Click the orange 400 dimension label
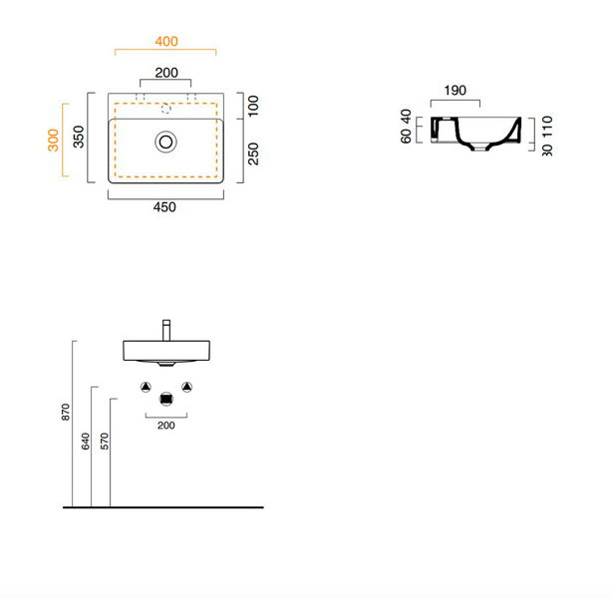pyautogui.click(x=166, y=41)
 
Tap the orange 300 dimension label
pyautogui.click(x=53, y=140)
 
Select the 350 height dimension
pyautogui.click(x=79, y=137)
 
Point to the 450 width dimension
pyautogui.click(x=164, y=207)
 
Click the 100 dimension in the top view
pyautogui.click(x=253, y=106)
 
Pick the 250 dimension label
pyautogui.click(x=253, y=153)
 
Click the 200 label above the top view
pyautogui.click(x=166, y=73)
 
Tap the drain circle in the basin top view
pyautogui.click(x=165, y=142)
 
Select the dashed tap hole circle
pyautogui.click(x=166, y=109)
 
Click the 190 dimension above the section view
pyautogui.click(x=455, y=91)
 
